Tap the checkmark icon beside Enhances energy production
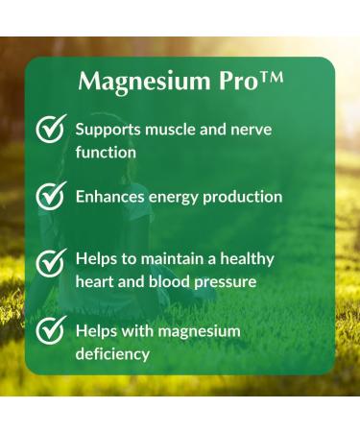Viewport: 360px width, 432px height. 50,197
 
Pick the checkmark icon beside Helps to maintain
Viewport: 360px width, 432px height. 50,262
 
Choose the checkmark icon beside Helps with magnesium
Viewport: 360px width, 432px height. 50,332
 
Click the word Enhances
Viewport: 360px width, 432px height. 112,197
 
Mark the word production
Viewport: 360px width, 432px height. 250,197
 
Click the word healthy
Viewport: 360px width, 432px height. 244,259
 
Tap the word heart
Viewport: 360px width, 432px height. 96,281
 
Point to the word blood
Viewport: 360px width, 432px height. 175,281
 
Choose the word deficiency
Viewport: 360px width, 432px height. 112,353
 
